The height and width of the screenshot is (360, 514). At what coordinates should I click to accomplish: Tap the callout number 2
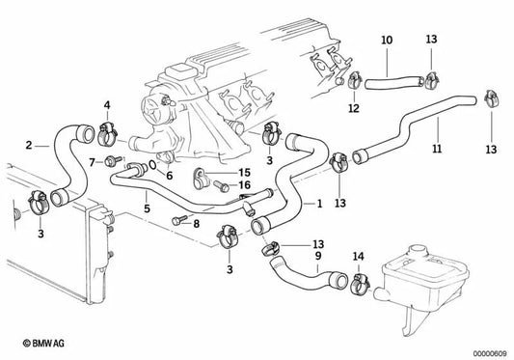(x=30, y=145)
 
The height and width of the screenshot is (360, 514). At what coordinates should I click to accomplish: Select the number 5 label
(x=147, y=206)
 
